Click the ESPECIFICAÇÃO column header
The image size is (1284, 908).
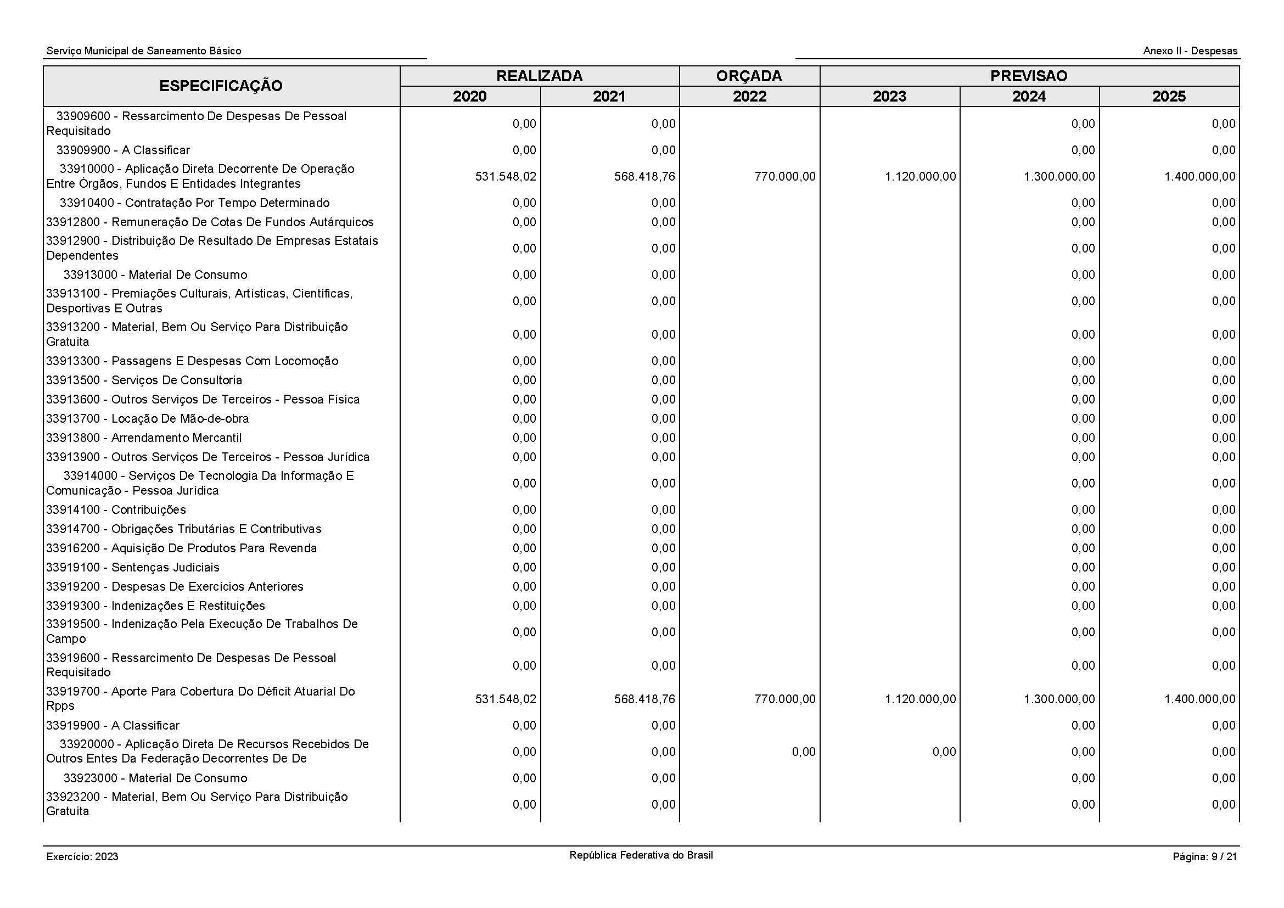pyautogui.click(x=221, y=86)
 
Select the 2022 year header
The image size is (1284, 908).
pyautogui.click(x=749, y=97)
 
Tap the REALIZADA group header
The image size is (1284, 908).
pyautogui.click(x=539, y=76)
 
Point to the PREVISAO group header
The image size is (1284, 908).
pyautogui.click(x=1029, y=76)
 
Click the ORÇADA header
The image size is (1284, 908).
pyautogui.click(x=749, y=76)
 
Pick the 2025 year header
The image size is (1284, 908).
pyautogui.click(x=1169, y=97)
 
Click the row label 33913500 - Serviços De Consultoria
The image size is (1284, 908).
pyautogui.click(x=144, y=380)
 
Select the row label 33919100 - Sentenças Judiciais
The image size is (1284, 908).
pyautogui.click(x=133, y=568)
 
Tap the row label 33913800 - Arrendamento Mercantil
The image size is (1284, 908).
pyautogui.click(x=144, y=438)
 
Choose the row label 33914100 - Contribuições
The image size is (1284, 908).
pyautogui.click(x=116, y=510)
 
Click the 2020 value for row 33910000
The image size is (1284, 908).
pyautogui.click(x=506, y=177)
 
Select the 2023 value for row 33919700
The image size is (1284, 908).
pyautogui.click(x=920, y=699)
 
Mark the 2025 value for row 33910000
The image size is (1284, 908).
pyautogui.click(x=1199, y=177)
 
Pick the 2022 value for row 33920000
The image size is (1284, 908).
pyautogui.click(x=804, y=752)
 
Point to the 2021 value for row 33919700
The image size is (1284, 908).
pyautogui.click(x=644, y=699)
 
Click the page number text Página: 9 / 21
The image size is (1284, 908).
pyautogui.click(x=1204, y=856)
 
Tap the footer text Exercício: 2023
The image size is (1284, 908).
pyautogui.click(x=83, y=856)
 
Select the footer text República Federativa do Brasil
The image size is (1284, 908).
pyautogui.click(x=641, y=855)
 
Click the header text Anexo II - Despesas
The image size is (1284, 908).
pyautogui.click(x=1190, y=51)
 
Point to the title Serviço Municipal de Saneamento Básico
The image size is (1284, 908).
pyautogui.click(x=144, y=51)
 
